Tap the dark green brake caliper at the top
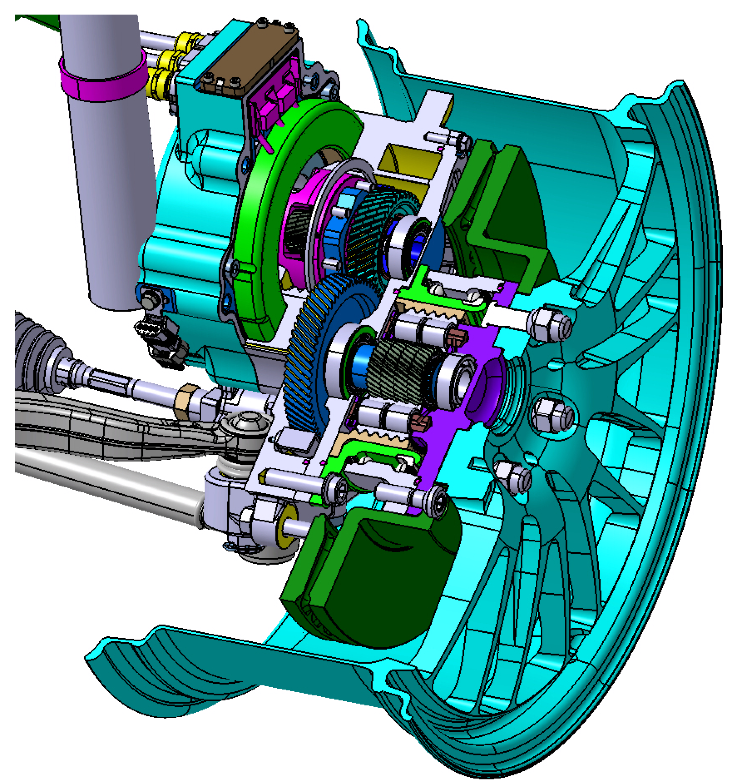pos(509,221)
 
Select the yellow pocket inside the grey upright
pos(410,162)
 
